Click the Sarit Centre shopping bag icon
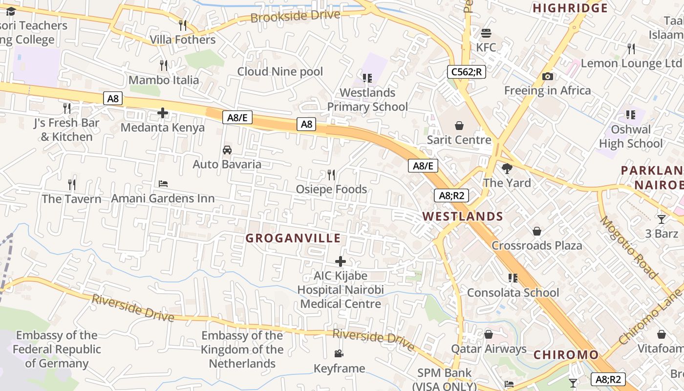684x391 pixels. (x=459, y=126)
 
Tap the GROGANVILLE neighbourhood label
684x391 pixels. (x=293, y=238)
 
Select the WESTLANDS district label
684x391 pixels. (x=462, y=216)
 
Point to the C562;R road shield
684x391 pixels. (x=466, y=72)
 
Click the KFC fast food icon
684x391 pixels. (x=486, y=33)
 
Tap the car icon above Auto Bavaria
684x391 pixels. (x=227, y=150)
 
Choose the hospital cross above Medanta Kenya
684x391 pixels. (x=163, y=113)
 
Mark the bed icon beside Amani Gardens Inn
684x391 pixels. (x=163, y=184)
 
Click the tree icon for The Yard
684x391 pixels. (x=507, y=169)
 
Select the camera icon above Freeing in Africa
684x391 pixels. (x=547, y=76)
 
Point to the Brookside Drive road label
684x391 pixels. (x=295, y=16)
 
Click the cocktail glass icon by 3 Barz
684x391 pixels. (x=662, y=219)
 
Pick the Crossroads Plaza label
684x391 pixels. (x=536, y=245)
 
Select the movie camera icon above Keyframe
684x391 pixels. (x=339, y=353)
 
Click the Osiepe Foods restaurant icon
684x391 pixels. (x=331, y=174)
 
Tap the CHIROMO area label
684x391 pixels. (x=566, y=355)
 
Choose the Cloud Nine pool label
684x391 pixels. (x=280, y=71)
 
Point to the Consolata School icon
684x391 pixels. (x=513, y=278)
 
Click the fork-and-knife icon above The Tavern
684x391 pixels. (x=72, y=184)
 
